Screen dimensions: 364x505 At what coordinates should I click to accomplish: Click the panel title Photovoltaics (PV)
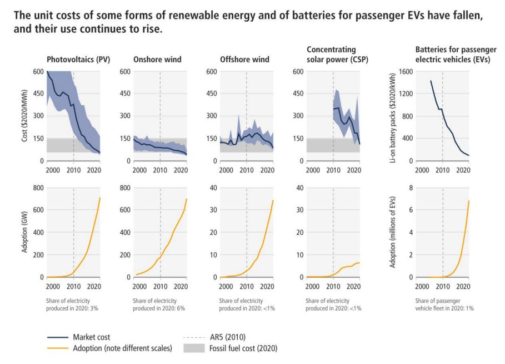tap(78, 60)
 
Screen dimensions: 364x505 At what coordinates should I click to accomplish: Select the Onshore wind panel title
tap(154, 60)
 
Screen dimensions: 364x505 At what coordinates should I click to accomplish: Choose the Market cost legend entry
tap(91, 337)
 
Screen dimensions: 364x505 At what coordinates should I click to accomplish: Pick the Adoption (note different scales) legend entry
tap(122, 348)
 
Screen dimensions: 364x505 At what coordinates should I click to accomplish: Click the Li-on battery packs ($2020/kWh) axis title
tap(392, 116)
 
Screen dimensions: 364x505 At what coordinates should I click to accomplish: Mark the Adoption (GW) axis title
tap(25, 232)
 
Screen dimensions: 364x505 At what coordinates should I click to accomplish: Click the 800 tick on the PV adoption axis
tap(37, 188)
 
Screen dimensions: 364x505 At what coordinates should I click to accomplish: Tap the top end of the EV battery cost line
tap(431, 81)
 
